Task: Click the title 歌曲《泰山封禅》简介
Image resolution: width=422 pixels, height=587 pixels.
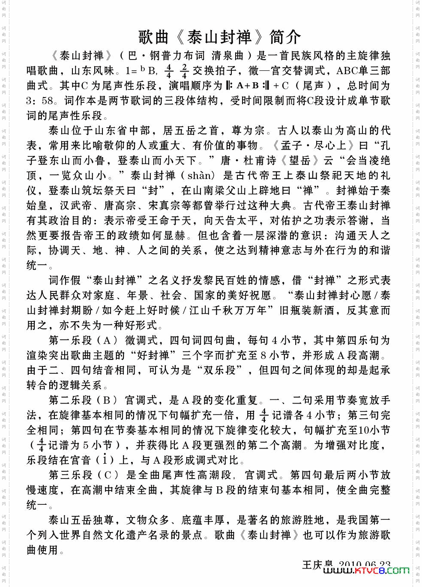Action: point(219,37)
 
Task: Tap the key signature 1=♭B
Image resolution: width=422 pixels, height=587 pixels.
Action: point(141,71)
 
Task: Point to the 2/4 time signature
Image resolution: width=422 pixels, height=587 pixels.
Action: point(184,71)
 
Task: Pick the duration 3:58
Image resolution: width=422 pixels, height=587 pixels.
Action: point(39,101)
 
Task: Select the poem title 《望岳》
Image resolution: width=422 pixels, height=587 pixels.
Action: point(299,161)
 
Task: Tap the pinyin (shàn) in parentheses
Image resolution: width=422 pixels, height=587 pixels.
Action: point(200,176)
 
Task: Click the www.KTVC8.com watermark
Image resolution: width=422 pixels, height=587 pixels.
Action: point(366,570)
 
